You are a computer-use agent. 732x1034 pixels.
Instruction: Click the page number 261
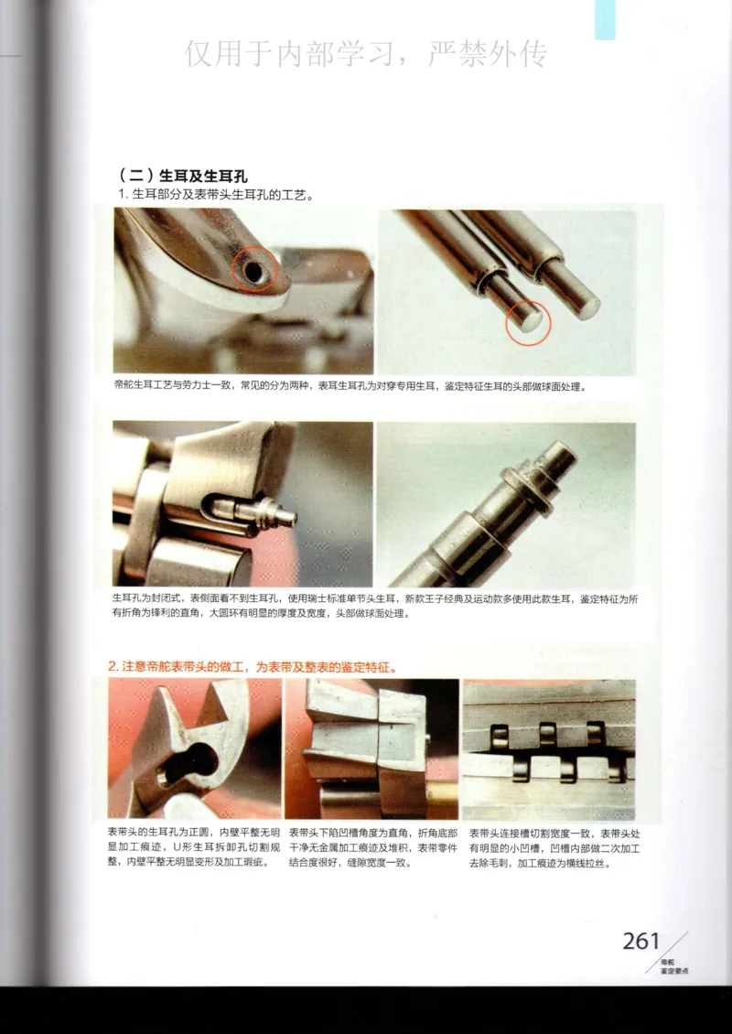(640, 940)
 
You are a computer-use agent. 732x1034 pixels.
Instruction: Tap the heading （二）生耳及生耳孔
(183, 176)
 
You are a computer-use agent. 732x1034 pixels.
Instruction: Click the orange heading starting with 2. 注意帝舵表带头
(252, 667)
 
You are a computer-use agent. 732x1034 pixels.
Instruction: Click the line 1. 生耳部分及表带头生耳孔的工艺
(216, 195)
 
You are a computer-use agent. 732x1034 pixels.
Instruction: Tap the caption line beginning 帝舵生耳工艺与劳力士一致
(348, 386)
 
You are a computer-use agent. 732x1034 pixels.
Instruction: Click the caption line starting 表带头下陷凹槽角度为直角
(372, 834)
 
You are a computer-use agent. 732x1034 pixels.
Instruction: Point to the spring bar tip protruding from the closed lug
(279, 514)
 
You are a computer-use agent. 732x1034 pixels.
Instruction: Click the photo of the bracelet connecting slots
(548, 750)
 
